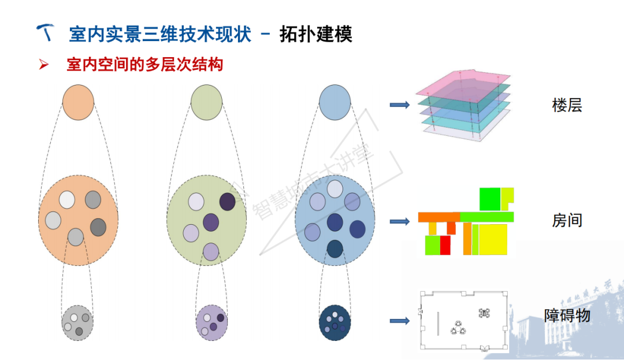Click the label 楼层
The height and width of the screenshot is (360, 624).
[x=567, y=106]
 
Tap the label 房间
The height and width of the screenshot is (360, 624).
[x=567, y=221]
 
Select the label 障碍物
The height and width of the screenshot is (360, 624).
[x=567, y=316]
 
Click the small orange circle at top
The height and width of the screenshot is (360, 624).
[x=78, y=102]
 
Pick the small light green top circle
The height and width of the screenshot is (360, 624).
[x=206, y=102]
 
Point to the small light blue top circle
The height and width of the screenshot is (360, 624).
[x=335, y=102]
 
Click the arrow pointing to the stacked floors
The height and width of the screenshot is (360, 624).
[x=399, y=105]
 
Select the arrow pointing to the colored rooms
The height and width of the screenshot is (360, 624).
[x=399, y=221]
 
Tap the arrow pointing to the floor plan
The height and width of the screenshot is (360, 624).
[x=399, y=321]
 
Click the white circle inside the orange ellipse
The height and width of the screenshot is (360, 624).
[x=67, y=199]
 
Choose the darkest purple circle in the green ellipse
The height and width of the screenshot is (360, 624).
[x=227, y=201]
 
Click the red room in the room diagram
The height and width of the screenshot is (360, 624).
[x=445, y=245]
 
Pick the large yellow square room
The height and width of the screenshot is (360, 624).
[x=493, y=239]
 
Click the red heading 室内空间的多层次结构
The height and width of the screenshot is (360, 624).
[x=144, y=64]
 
